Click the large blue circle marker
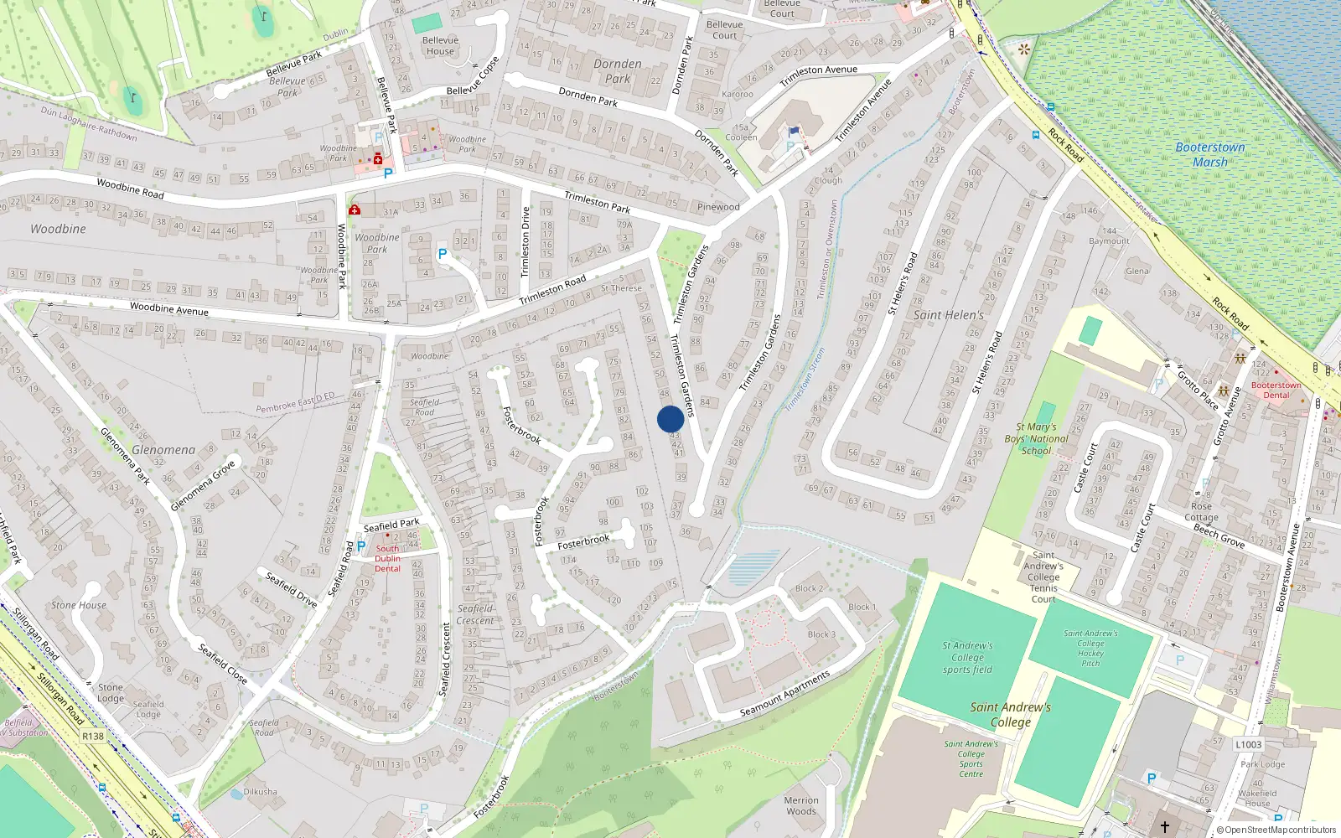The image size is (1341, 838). tap(670, 419)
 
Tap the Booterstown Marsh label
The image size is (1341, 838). tap(1209, 154)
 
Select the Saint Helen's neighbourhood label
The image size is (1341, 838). tap(949, 315)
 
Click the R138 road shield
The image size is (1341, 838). tap(93, 737)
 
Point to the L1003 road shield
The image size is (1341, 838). tap(1248, 744)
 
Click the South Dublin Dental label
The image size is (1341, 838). tap(387, 559)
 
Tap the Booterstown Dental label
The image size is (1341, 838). tap(1276, 391)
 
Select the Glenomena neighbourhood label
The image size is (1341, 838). tap(163, 450)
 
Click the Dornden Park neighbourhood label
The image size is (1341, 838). tap(618, 71)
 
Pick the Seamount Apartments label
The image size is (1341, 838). tap(784, 694)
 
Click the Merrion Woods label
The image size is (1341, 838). tap(801, 805)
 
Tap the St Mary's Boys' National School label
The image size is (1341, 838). tap(1037, 438)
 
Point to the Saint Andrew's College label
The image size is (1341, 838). tap(1011, 714)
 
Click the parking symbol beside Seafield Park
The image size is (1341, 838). tap(361, 546)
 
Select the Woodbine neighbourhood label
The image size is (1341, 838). tap(58, 229)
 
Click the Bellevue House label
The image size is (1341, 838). tap(440, 45)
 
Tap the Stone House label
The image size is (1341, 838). tap(79, 605)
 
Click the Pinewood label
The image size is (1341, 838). tap(718, 207)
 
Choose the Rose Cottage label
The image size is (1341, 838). tap(1201, 511)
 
